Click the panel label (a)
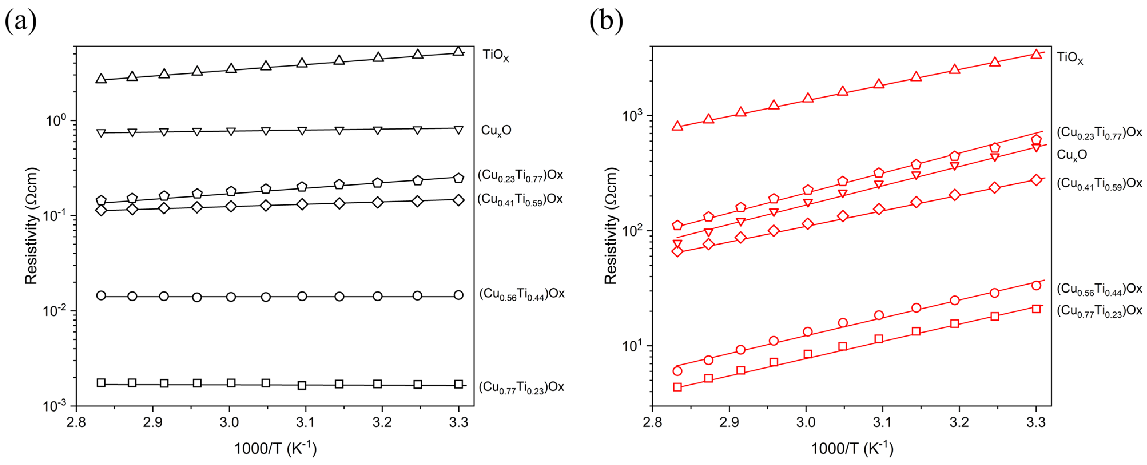click(x=21, y=21)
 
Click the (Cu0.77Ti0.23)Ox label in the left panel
click(x=521, y=387)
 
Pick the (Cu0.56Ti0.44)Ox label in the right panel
click(x=1099, y=289)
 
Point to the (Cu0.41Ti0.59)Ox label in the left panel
click(x=520, y=199)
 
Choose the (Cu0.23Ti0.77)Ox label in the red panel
click(x=1099, y=133)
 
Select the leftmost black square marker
click(x=101, y=383)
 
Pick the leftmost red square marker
click(x=677, y=387)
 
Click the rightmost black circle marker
click(x=458, y=295)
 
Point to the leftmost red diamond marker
click(x=677, y=251)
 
